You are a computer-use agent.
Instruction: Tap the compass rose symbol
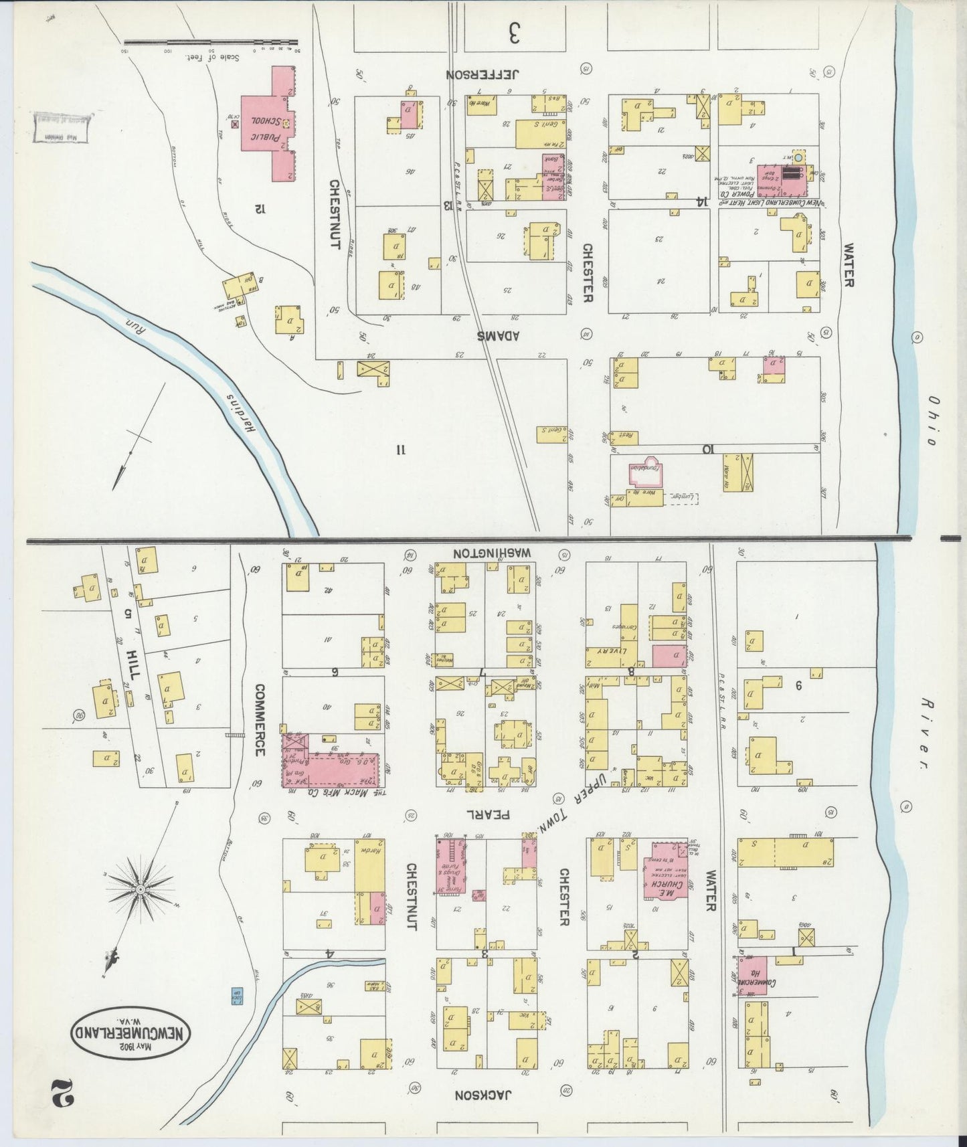click(x=141, y=889)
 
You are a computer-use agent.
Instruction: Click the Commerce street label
click(x=260, y=720)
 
